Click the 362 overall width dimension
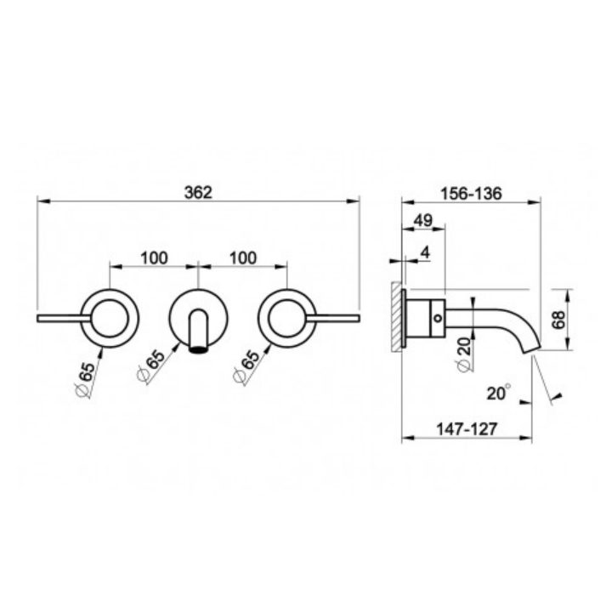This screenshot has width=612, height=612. pyautogui.click(x=198, y=193)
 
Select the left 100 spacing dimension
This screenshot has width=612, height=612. pyautogui.click(x=154, y=258)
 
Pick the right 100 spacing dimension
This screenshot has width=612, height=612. pyautogui.click(x=243, y=258)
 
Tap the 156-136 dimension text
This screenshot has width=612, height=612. pyautogui.click(x=471, y=193)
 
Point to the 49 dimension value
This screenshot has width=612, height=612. pyautogui.click(x=423, y=220)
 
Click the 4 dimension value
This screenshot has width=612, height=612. pyautogui.click(x=426, y=252)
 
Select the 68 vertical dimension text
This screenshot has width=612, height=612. pyautogui.click(x=559, y=320)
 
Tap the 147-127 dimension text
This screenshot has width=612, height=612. pyautogui.click(x=467, y=429)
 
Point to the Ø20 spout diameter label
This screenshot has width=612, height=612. pyautogui.click(x=464, y=354)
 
